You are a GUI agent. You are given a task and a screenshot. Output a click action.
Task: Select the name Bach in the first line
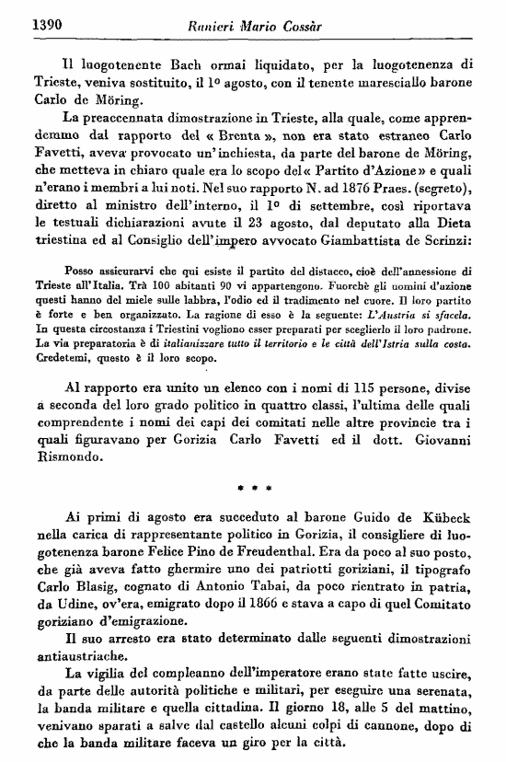pyautogui.click(x=192, y=64)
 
